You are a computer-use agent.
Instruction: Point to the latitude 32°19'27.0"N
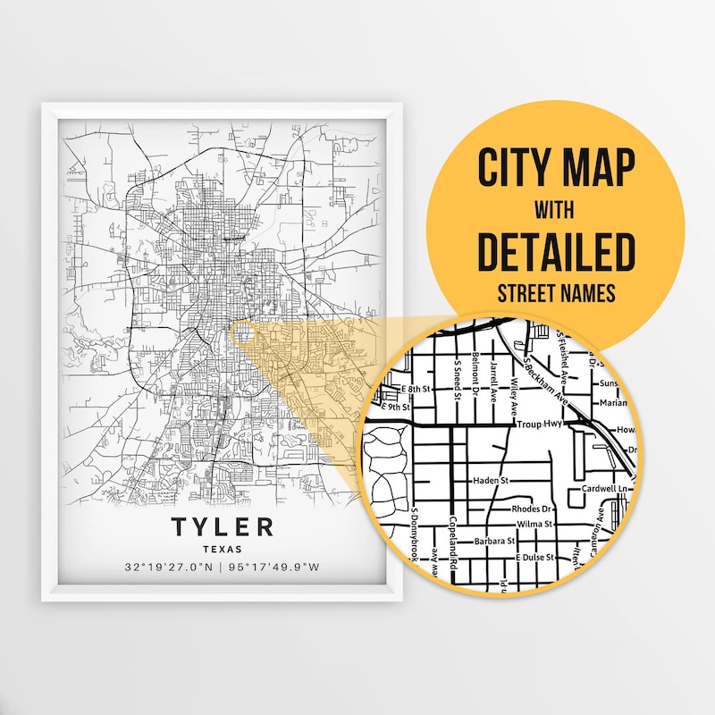tap(170, 568)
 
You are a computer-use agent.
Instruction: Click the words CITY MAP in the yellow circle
tap(555, 167)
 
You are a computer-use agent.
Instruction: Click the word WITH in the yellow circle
tap(555, 211)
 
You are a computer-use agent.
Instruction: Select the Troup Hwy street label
tap(537, 427)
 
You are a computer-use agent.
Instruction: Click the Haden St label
tap(490, 481)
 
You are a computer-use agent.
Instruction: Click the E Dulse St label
tap(534, 557)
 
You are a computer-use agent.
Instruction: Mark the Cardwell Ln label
tap(607, 488)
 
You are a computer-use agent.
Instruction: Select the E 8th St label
tap(414, 390)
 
